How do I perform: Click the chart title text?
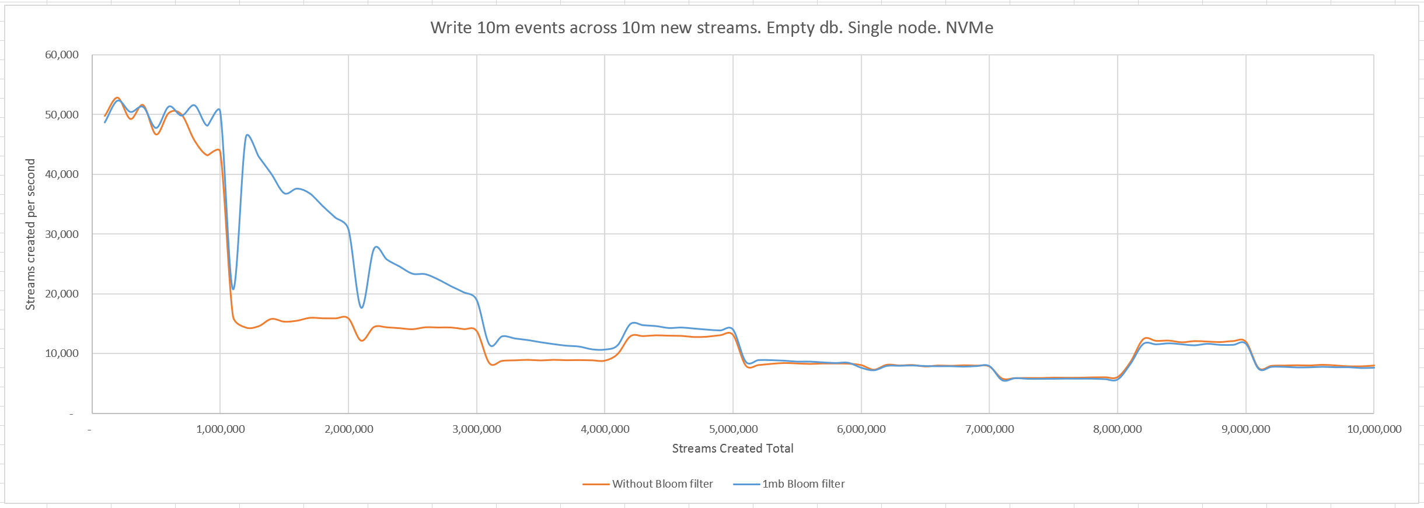711,28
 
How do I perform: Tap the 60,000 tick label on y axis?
62,55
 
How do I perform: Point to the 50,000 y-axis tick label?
62,115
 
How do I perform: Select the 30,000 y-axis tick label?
62,234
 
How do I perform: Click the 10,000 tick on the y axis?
62,353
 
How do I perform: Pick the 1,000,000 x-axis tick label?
221,429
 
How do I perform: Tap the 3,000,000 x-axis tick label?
477,429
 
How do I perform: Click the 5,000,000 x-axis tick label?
733,429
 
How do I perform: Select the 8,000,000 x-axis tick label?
1118,429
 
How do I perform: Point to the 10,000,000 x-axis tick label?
1374,429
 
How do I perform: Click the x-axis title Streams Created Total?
732,449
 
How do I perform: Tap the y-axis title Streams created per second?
30,234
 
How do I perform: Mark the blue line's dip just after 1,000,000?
233,289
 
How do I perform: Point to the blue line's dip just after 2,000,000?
362,307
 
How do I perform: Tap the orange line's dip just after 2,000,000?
362,341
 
